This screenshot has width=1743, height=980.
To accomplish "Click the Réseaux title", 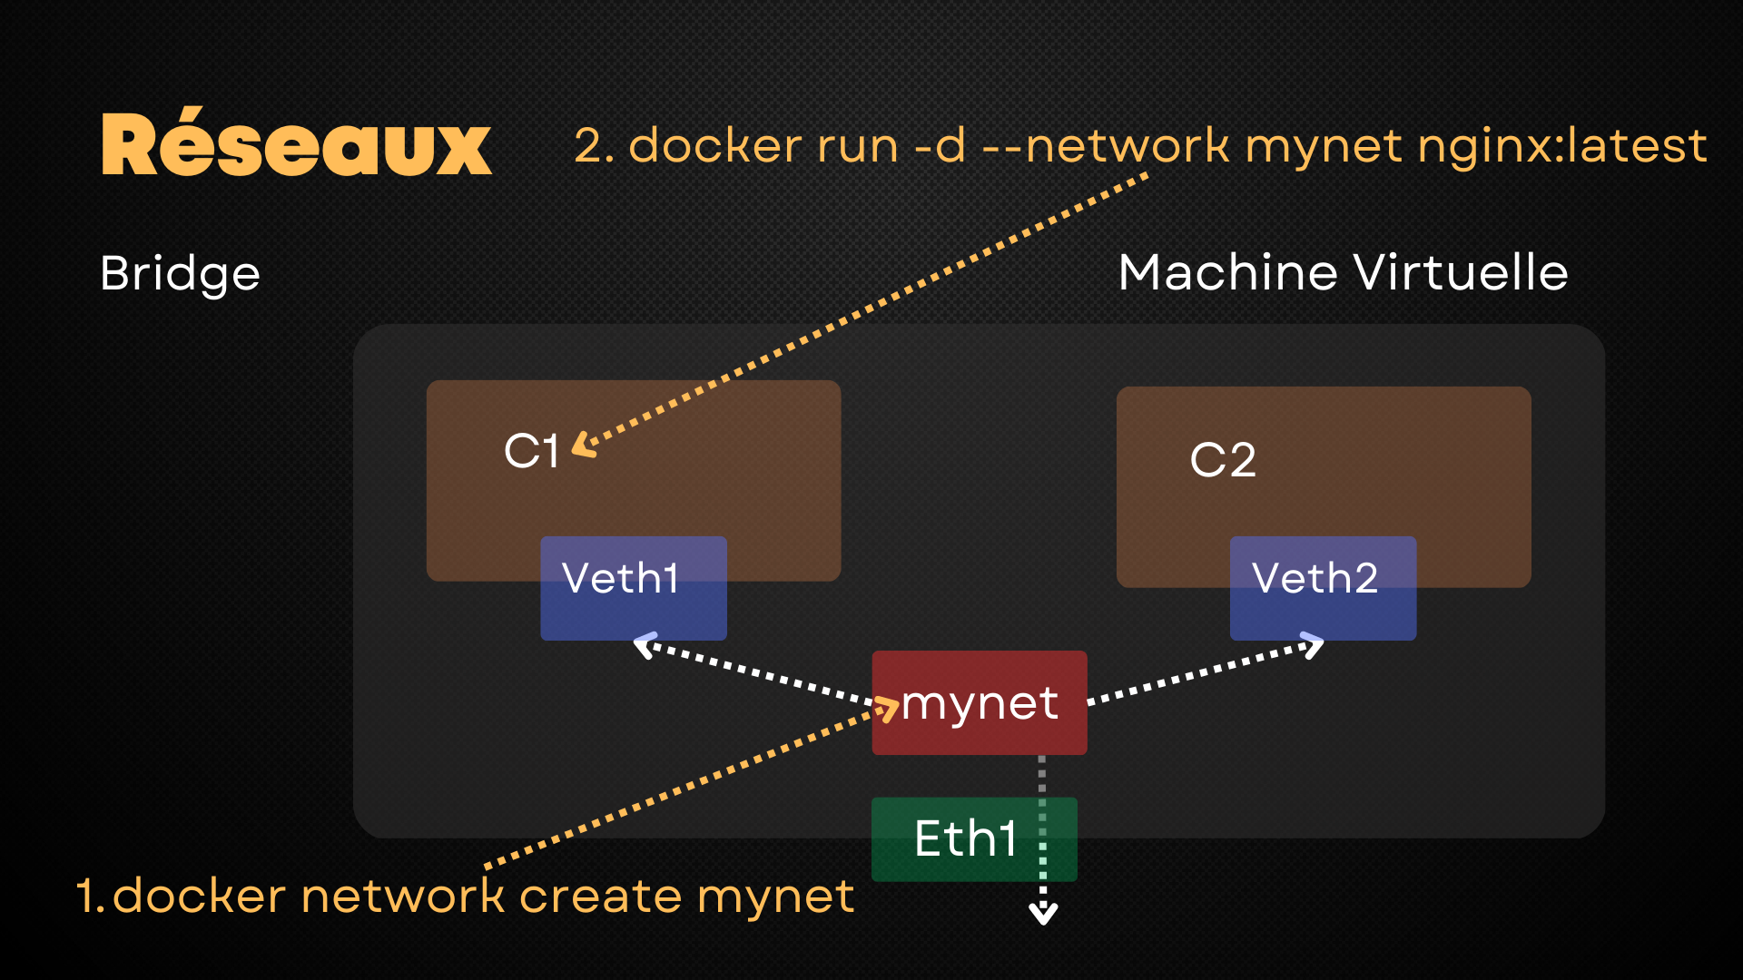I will (296, 145).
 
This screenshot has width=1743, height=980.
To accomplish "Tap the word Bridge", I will (180, 274).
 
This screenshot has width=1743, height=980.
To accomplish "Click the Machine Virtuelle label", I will (1343, 272).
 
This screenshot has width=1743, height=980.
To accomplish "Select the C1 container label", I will (531, 451).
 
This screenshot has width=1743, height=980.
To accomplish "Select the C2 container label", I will (1222, 460).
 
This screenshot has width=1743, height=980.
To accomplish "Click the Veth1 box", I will (633, 588).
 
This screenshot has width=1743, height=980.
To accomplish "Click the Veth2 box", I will (1322, 588).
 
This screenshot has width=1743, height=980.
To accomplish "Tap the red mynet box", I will (979, 703).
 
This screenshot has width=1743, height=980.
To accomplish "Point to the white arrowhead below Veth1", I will (644, 646).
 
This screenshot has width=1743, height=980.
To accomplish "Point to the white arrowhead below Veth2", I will (1314, 645).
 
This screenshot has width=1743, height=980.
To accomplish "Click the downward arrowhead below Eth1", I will (1043, 914).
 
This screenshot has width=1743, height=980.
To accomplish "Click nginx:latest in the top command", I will (1561, 146).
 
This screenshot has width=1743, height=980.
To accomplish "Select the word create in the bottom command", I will (599, 897).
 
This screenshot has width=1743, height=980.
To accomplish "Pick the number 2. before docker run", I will (594, 146).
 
